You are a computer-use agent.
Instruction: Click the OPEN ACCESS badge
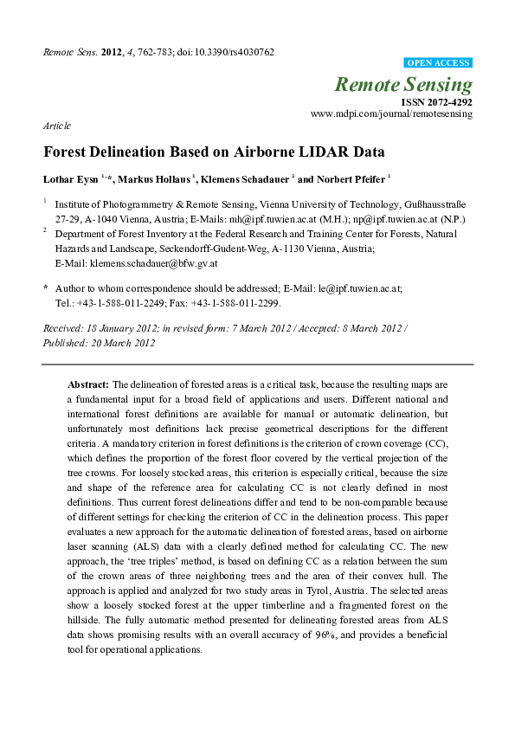click(x=439, y=63)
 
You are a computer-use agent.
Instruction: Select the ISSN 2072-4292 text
click(x=436, y=101)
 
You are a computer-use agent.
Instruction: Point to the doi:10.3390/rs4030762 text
click(x=226, y=52)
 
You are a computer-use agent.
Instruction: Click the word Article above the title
click(x=57, y=126)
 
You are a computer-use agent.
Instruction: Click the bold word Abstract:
click(x=88, y=384)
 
